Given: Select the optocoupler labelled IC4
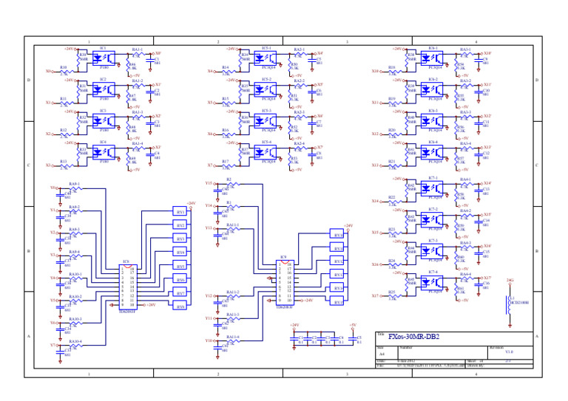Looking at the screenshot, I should [104, 153].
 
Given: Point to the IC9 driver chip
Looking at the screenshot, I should [283, 282].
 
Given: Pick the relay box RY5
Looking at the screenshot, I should [180, 266].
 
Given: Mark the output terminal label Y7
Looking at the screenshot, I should [52, 345].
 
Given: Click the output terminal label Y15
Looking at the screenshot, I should [209, 182].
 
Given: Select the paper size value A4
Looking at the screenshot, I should [382, 354].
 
